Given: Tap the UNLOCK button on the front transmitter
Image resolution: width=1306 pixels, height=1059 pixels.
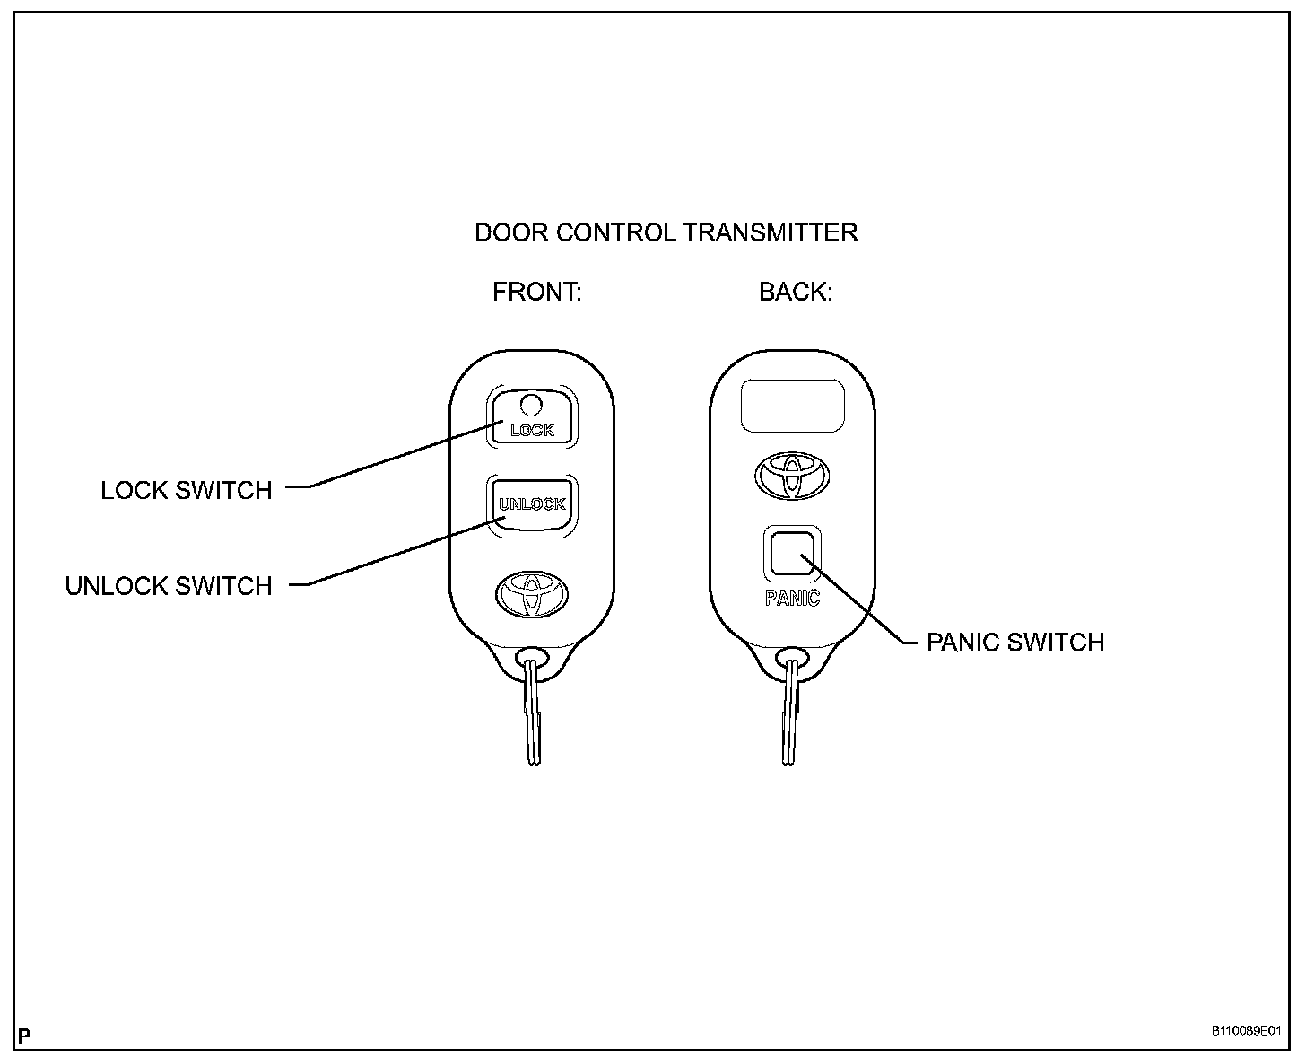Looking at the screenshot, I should [532, 504].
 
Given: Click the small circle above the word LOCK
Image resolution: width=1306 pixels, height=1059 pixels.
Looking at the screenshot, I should [531, 404].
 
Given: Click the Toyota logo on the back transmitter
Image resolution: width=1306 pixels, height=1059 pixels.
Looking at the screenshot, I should [792, 474].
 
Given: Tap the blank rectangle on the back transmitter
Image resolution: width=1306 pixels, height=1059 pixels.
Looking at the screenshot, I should [793, 405].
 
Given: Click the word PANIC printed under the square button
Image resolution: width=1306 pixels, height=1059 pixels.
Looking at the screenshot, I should [792, 598].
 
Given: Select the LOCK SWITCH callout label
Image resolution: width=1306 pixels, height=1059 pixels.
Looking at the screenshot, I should [187, 490].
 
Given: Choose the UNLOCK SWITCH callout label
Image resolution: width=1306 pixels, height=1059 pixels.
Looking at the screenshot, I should [169, 586].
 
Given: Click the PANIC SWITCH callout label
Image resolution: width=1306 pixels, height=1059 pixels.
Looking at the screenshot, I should [1014, 643].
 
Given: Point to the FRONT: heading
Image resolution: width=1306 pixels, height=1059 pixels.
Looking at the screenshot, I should [537, 293].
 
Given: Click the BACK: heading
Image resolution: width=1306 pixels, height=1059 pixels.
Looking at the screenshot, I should [796, 293].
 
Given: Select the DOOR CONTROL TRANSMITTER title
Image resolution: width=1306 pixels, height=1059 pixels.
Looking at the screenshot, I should [666, 233].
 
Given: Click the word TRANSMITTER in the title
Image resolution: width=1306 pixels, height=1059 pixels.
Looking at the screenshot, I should [771, 233].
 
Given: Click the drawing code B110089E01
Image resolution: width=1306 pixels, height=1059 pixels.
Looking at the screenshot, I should [1246, 1032].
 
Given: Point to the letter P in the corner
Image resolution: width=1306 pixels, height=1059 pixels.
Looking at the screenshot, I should [24, 1036].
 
